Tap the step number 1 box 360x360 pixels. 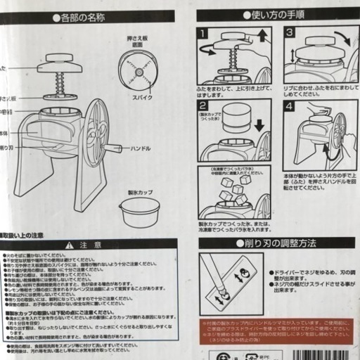203,33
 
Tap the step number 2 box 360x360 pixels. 203,105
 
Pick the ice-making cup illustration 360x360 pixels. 139,211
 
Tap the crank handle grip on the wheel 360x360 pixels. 111,148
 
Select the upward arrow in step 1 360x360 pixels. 263,36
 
